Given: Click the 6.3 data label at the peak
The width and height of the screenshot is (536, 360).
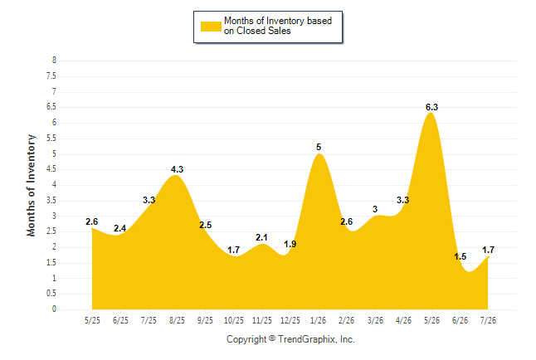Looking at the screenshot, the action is (431, 107).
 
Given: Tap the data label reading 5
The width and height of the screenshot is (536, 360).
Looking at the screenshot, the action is (319, 148).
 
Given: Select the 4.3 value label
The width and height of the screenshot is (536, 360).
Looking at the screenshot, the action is (177, 169).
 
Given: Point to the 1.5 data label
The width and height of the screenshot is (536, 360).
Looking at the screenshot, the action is (460, 256).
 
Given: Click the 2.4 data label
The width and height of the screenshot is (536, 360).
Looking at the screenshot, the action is (120, 228).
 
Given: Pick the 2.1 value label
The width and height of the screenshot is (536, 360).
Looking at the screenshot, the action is (261, 237).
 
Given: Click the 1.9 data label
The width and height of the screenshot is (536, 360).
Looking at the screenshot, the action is (290, 244).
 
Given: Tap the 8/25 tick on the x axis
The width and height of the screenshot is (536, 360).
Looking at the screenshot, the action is (177, 320).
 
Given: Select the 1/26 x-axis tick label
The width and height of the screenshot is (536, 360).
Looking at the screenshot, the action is (319, 320).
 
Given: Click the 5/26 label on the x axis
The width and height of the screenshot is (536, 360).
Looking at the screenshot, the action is (431, 320).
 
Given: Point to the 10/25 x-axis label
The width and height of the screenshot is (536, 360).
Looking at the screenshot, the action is (234, 320).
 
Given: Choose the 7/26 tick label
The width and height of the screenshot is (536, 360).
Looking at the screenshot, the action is (488, 320).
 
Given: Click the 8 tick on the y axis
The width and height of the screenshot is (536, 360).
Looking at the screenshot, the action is (54, 61).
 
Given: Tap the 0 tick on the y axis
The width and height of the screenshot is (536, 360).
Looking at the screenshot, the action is (54, 309).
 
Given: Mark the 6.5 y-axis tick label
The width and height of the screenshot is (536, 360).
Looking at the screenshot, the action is (51, 107).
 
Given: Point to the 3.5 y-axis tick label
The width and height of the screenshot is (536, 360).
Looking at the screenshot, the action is (51, 200).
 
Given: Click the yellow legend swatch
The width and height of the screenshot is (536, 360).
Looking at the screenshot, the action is (211, 27).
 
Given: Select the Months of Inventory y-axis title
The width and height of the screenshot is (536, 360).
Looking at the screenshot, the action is (31, 185).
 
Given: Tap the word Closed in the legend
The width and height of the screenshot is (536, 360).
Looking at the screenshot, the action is (251, 31).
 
